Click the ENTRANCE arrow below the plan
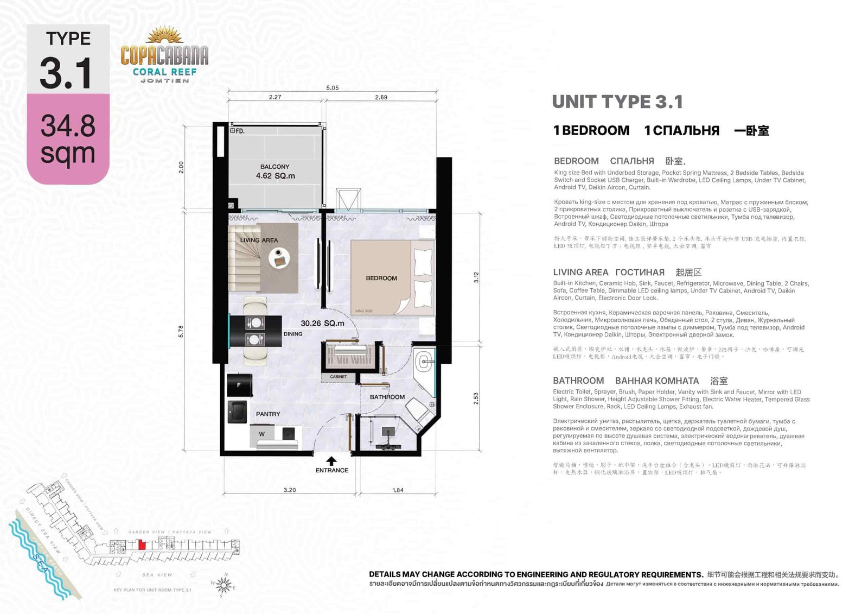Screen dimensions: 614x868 [331, 461]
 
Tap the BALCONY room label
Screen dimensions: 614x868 [275, 167]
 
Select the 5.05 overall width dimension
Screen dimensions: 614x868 [332, 88]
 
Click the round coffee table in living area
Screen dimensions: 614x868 [279, 258]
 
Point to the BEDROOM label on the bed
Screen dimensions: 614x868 [381, 278]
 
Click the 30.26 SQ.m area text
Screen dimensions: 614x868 [322, 323]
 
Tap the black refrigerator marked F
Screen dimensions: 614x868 [239, 384]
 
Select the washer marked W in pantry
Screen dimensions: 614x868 [261, 434]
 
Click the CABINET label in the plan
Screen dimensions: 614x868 [338, 377]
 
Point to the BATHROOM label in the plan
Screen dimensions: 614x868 [387, 397]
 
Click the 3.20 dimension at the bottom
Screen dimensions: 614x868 [290, 490]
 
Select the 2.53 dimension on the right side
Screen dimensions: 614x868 [476, 398]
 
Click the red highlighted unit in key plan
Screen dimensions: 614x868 [142, 545]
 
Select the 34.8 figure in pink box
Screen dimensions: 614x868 [68, 126]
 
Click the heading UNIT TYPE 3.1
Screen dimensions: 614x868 [617, 102]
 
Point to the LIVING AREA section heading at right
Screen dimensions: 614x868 [580, 272]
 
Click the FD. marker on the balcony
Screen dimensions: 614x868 [238, 131]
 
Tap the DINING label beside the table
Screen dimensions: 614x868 [292, 334]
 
